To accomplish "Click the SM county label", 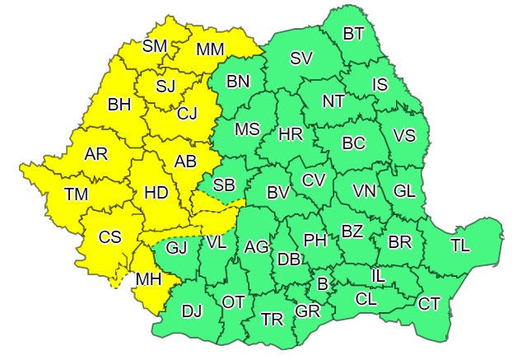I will (x=155, y=45).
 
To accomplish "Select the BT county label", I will (x=354, y=34).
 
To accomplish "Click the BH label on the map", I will (x=119, y=105).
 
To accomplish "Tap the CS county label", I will (x=110, y=237).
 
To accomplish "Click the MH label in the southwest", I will (x=148, y=279).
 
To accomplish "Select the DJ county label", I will (x=192, y=311).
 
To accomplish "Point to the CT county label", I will (x=429, y=303).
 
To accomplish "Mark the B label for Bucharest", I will (x=323, y=284).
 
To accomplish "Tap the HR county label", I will (x=291, y=133).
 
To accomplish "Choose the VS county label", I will (x=404, y=135).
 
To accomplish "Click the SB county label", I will (x=224, y=185).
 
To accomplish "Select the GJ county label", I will (x=176, y=247).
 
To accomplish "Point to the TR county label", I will (x=272, y=319).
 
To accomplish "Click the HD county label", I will (x=156, y=192).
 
